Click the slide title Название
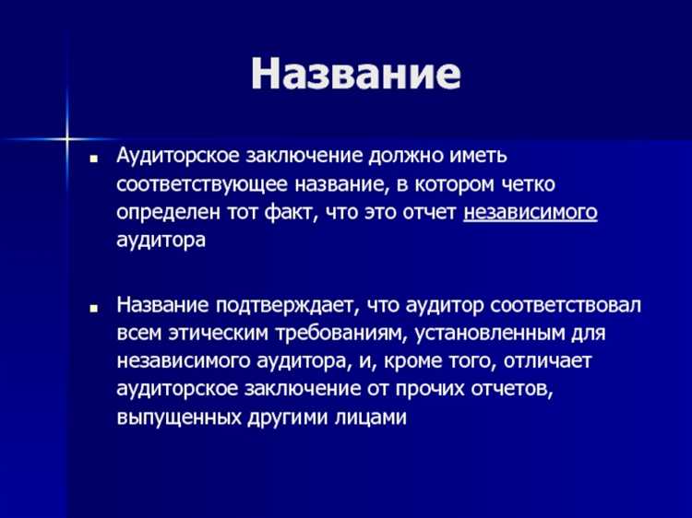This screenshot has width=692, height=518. pos(355,75)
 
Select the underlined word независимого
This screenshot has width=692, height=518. pos(531,213)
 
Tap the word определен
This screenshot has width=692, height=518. pos(166,213)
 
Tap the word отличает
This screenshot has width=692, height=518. pos(561,360)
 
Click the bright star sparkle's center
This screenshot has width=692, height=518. pos(67,139)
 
